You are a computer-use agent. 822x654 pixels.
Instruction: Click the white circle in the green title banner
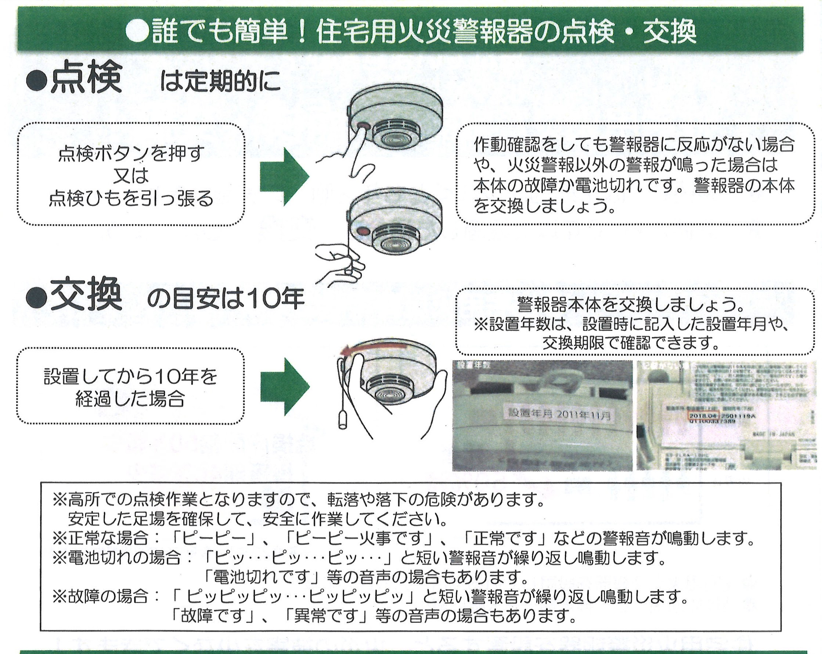pyautogui.click(x=137, y=31)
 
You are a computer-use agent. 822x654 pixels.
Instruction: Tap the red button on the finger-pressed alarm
pyautogui.click(x=364, y=126)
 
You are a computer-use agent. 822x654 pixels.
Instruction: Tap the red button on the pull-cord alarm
pyautogui.click(x=363, y=231)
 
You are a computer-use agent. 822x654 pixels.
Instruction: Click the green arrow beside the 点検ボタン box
pyautogui.click(x=284, y=176)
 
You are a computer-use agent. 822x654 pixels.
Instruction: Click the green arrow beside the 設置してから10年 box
pyautogui.click(x=284, y=386)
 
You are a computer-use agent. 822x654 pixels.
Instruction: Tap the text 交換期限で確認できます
pyautogui.click(x=631, y=343)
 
